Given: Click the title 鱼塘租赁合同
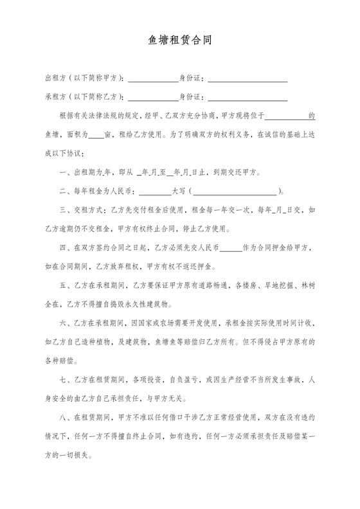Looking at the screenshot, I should tap(180, 40).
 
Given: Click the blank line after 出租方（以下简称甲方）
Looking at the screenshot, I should tap(153, 79).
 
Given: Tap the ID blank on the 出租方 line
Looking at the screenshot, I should tap(248, 79).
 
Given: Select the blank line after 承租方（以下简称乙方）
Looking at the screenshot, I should tap(153, 98).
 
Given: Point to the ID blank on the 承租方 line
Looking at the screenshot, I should tap(248, 98).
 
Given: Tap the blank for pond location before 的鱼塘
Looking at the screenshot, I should tap(287, 116).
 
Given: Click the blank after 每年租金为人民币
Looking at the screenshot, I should tap(155, 191).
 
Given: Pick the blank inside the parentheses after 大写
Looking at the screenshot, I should tap(234, 191).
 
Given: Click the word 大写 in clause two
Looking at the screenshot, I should tap(179, 191).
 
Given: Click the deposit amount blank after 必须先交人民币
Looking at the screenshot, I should tap(231, 247).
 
